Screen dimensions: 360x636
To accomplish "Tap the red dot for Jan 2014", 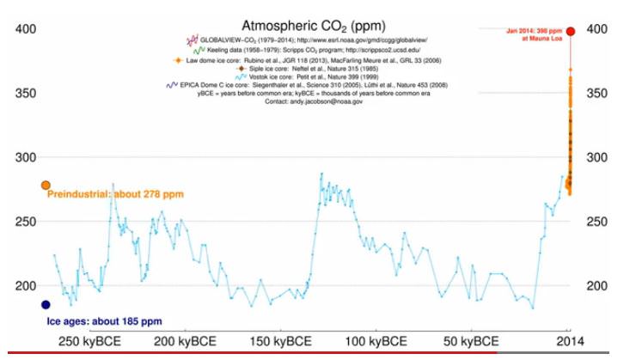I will (x=570, y=29).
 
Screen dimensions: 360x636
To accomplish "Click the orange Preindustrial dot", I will (x=46, y=185).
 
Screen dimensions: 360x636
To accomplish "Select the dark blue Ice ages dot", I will (x=46, y=304).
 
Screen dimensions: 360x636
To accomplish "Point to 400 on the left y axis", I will (x=24, y=29).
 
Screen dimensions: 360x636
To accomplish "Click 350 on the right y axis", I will (x=598, y=93).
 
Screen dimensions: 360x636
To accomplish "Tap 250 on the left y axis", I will (x=24, y=222).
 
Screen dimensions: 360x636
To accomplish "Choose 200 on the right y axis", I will (x=598, y=286).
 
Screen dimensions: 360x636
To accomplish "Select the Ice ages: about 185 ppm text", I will (x=103, y=321).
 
